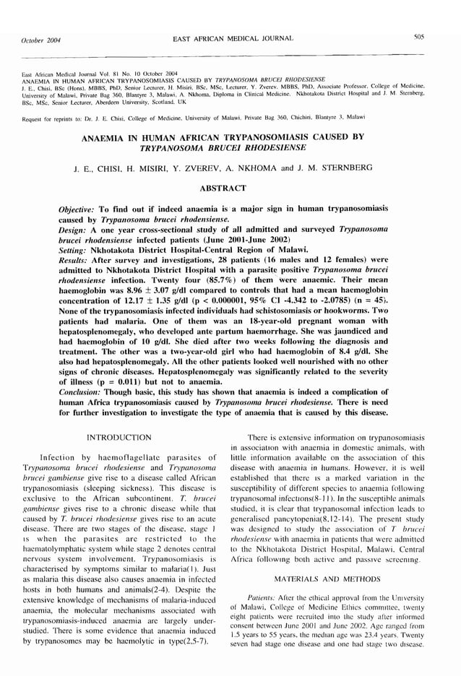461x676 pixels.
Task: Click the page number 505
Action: click(419, 37)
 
